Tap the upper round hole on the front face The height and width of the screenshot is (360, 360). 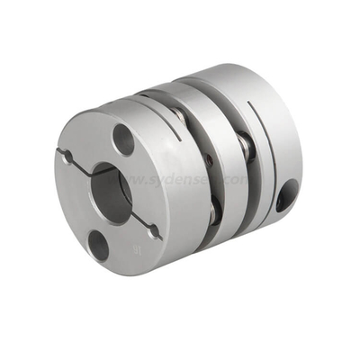[122, 138]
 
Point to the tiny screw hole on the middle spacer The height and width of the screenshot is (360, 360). [208, 162]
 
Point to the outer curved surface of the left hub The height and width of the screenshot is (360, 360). [180, 135]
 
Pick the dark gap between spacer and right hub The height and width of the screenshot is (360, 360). [241, 180]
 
